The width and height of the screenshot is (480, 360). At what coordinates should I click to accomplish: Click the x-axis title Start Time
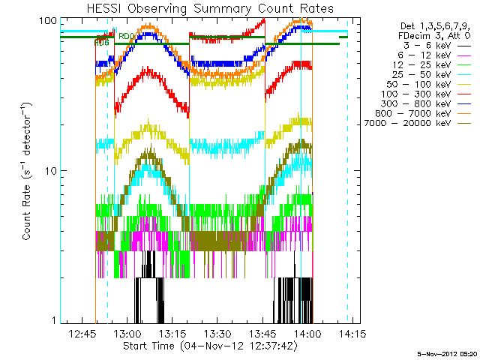click(209, 346)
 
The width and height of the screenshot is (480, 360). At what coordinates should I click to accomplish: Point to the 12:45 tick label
click(82, 333)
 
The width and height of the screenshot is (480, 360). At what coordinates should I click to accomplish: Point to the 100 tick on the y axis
click(48, 20)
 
